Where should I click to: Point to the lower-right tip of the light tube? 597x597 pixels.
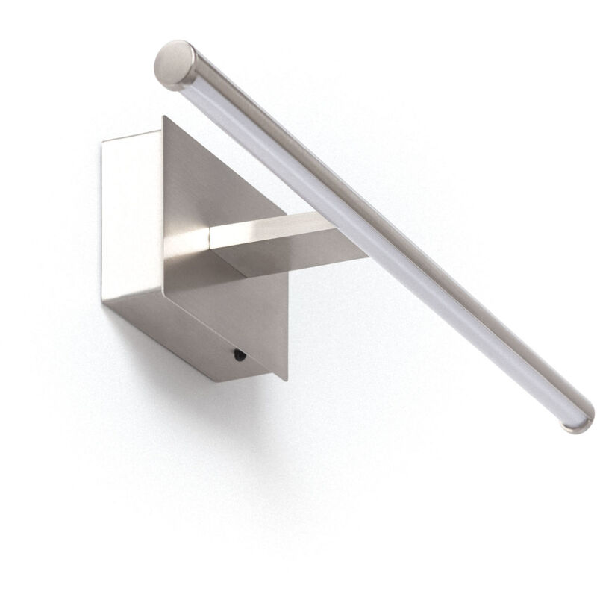[579, 422]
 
